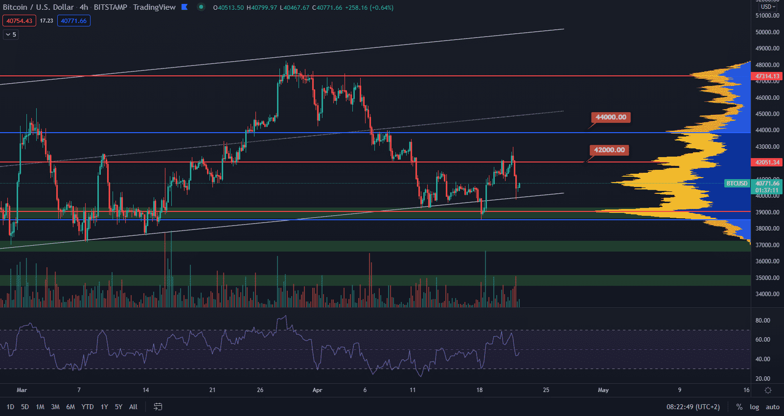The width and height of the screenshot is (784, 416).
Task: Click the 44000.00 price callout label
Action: point(611,117)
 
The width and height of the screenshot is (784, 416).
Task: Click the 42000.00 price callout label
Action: point(609,150)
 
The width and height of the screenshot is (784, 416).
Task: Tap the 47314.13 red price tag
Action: point(767,76)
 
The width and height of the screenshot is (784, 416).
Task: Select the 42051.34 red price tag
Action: point(767,162)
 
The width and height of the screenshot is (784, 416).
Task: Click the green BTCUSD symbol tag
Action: point(737,184)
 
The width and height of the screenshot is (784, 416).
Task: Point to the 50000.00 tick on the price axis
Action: point(767,32)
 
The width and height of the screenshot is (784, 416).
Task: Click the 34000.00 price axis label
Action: point(767,294)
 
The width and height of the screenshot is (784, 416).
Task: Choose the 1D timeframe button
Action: point(10,407)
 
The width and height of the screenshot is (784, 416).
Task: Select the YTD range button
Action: point(88,407)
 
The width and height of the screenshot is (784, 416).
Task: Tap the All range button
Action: point(133,407)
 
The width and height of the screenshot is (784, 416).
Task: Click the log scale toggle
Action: point(754,407)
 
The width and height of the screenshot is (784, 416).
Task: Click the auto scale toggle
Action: point(773,407)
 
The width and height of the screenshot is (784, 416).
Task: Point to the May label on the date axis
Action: point(603,390)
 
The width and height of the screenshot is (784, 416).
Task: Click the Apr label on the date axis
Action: point(317,390)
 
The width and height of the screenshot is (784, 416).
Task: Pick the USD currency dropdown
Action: point(767,7)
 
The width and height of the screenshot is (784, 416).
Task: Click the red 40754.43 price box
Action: point(19,21)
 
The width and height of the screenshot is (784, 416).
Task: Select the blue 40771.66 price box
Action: point(73,21)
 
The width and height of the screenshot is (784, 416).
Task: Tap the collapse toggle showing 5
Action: point(11,35)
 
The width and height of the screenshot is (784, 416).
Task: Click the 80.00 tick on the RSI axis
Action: point(762,321)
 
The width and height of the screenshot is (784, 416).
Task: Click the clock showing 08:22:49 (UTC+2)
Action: point(693,407)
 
